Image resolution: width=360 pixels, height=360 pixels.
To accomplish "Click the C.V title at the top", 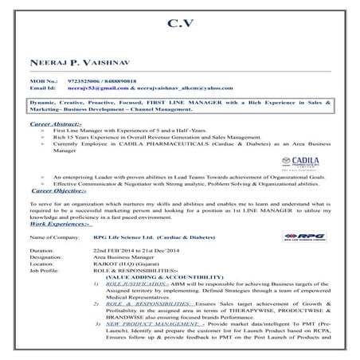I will tap(179, 24).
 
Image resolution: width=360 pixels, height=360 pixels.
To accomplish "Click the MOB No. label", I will tap(43, 80).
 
